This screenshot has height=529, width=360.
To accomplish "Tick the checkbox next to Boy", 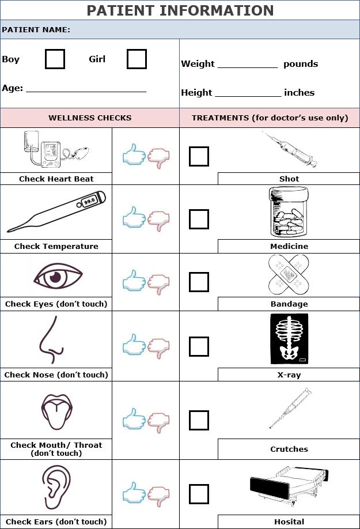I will click(x=55, y=59).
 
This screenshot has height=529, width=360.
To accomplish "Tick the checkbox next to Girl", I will click(x=137, y=59).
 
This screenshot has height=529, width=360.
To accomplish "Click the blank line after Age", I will click(x=86, y=89).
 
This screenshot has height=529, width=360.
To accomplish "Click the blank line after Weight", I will click(x=247, y=64).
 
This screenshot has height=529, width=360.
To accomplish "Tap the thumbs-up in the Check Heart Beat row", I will click(x=134, y=155).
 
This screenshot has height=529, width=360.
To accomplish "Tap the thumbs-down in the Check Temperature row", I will click(x=159, y=219).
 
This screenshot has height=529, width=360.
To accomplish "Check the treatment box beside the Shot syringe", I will click(x=199, y=156).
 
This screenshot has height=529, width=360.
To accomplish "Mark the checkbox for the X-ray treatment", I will click(x=199, y=346).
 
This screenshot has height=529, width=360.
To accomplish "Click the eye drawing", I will click(x=55, y=277).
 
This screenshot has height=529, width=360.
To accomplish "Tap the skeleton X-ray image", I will click(x=289, y=339).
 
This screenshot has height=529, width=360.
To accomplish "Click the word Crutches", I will click(x=289, y=449).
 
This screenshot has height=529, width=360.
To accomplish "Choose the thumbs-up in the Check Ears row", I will click(x=134, y=494).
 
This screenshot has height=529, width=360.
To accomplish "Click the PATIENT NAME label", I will click(x=36, y=29).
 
